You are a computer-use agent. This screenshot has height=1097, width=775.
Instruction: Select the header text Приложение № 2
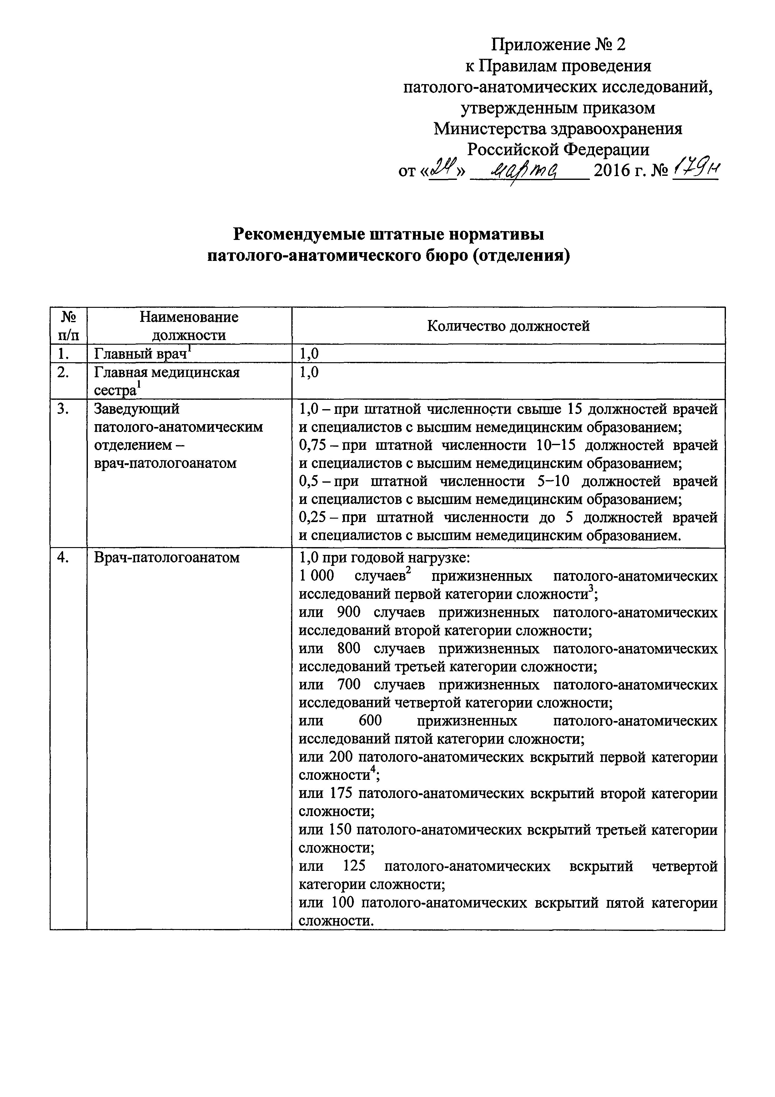[558, 45]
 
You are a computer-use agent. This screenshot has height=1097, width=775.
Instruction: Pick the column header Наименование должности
[189, 326]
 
